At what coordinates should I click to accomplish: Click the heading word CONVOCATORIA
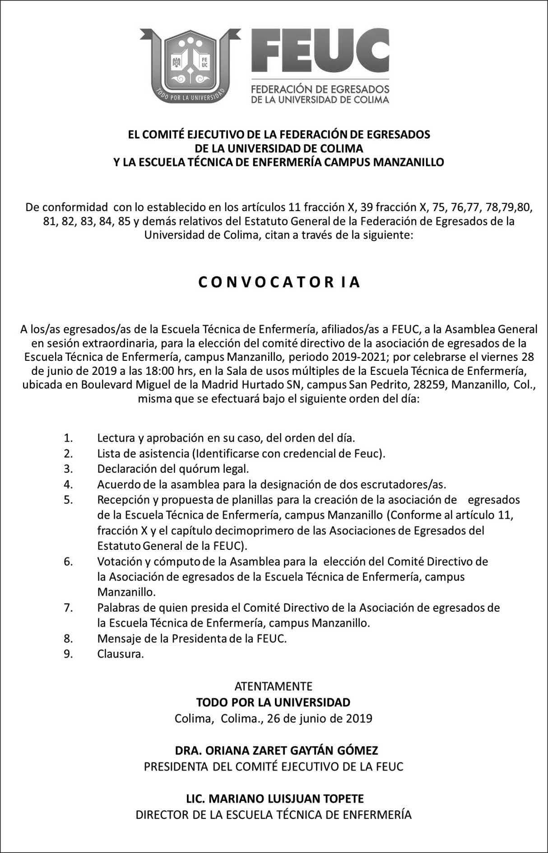(x=279, y=282)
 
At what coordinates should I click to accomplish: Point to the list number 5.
(x=68, y=500)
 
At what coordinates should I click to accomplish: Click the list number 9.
(x=68, y=654)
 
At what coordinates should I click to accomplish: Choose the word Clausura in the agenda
(x=120, y=654)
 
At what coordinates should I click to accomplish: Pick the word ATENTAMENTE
(x=274, y=687)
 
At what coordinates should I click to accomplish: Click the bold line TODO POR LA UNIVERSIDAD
(x=274, y=702)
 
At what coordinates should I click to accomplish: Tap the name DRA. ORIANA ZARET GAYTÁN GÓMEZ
(x=277, y=751)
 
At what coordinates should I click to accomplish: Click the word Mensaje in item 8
(x=118, y=639)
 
